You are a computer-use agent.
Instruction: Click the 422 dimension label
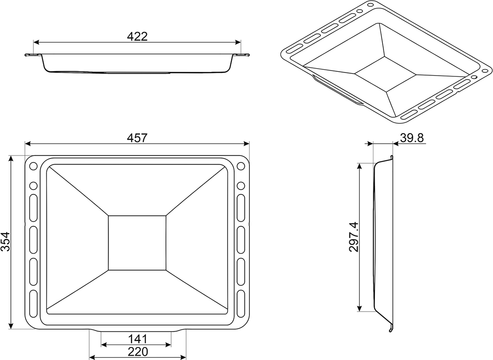137,37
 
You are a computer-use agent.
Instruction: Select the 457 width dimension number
137,138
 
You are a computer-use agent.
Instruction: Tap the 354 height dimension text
5,241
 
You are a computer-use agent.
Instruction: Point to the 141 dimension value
138,339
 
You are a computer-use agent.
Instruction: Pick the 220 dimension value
138,352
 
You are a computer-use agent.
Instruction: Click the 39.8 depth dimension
412,138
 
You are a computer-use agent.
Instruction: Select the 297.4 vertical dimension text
354,237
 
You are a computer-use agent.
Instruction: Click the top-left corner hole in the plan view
33,166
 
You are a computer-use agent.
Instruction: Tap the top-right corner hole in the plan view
241,166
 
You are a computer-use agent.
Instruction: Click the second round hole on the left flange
33,186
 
